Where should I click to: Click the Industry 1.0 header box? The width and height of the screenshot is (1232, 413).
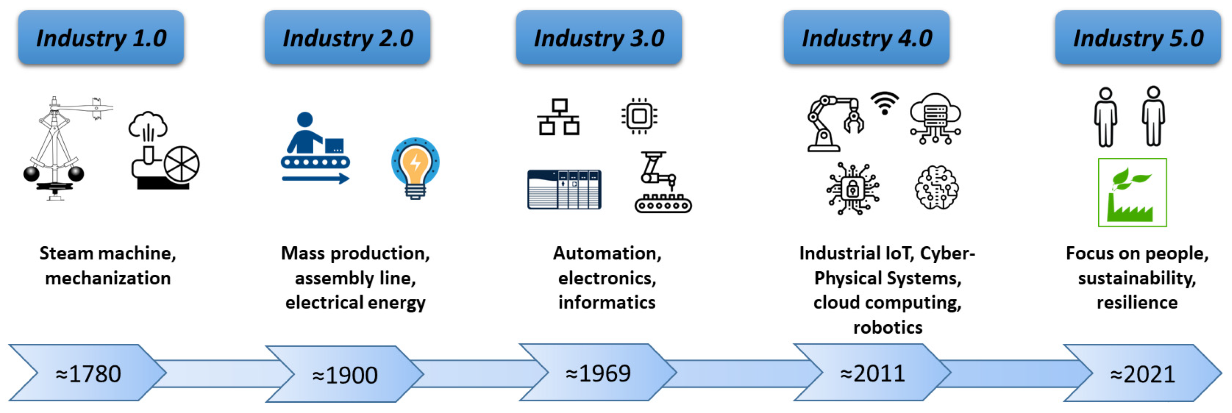click(x=101, y=38)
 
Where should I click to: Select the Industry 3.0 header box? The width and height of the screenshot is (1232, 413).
click(x=598, y=38)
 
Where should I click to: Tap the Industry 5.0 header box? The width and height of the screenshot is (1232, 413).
click(x=1137, y=38)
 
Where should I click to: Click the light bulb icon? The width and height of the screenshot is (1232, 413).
click(x=415, y=168)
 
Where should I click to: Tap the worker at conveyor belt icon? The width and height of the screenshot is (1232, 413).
click(x=315, y=148)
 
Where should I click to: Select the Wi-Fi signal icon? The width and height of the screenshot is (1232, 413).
click(x=884, y=103)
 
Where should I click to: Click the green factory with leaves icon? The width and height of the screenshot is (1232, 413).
click(x=1131, y=193)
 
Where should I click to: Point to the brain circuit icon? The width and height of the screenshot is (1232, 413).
click(x=936, y=187)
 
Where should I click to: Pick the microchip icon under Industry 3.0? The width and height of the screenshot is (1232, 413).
click(x=639, y=116)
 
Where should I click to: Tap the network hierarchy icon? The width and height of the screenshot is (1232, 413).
click(x=558, y=117)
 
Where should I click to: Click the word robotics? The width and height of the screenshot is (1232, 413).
click(x=887, y=327)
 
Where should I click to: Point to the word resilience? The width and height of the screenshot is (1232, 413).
click(x=1137, y=303)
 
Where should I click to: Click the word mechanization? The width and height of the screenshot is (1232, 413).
click(x=108, y=278)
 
